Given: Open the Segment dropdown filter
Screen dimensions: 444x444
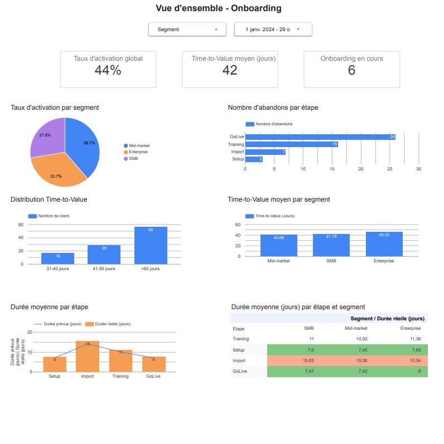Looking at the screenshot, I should tap(187, 29).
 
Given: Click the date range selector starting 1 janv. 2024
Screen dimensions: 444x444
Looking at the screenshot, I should tap(273, 29).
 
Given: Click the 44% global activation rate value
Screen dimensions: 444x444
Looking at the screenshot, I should tap(108, 70).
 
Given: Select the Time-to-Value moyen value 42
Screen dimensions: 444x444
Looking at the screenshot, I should tap(229, 70).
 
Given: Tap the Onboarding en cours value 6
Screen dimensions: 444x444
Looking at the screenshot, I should tap(351, 70).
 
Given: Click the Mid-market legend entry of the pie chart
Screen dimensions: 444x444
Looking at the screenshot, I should tap(138, 145).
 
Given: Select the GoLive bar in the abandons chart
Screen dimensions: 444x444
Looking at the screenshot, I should tap(320, 136).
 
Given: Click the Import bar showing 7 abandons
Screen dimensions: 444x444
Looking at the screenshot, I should tap(265, 152).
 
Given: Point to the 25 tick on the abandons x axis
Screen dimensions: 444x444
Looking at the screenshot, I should tap(390, 169).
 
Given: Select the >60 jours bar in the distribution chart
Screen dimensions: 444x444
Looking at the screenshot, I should tap(151, 245).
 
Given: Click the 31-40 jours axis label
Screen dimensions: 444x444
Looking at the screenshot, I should tap(57, 269).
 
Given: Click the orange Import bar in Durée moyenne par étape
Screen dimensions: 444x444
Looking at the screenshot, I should tap(88, 357).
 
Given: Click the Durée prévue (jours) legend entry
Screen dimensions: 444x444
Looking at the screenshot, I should tap(58, 324).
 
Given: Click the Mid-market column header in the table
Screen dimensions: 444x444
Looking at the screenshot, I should tap(356, 328).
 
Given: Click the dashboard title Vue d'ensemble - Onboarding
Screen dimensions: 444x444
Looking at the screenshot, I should tap(218, 8).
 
